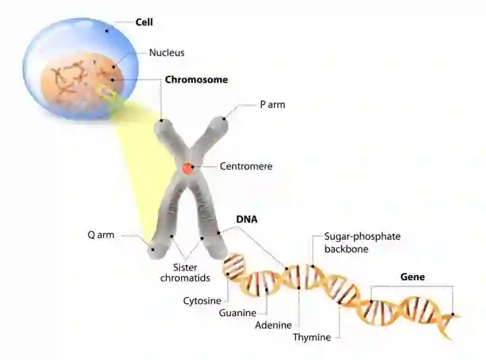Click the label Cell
click(144, 22)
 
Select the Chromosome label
click(196, 80)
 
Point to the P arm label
click(272, 105)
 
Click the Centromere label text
click(246, 166)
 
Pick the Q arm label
click(101, 235)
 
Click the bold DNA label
click(247, 220)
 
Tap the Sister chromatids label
click(190, 272)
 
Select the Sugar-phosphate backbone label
click(362, 242)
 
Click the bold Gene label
click(412, 277)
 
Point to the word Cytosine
click(202, 300)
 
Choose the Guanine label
click(238, 313)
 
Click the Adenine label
click(273, 325)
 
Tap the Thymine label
click(312, 337)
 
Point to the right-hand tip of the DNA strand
click(458, 315)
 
